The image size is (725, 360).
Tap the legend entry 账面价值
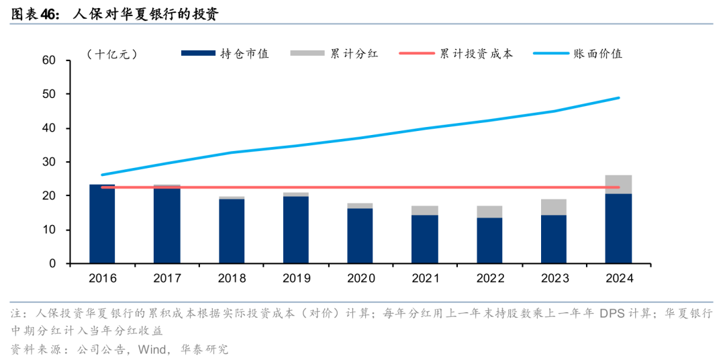598,54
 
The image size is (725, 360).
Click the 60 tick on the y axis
48,60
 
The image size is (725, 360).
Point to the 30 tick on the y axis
48,163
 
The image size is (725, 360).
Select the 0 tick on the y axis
51,264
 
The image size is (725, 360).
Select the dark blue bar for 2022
489,240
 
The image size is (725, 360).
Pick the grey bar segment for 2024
618,184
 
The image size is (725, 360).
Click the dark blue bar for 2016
102,224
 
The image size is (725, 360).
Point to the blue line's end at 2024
618,97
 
